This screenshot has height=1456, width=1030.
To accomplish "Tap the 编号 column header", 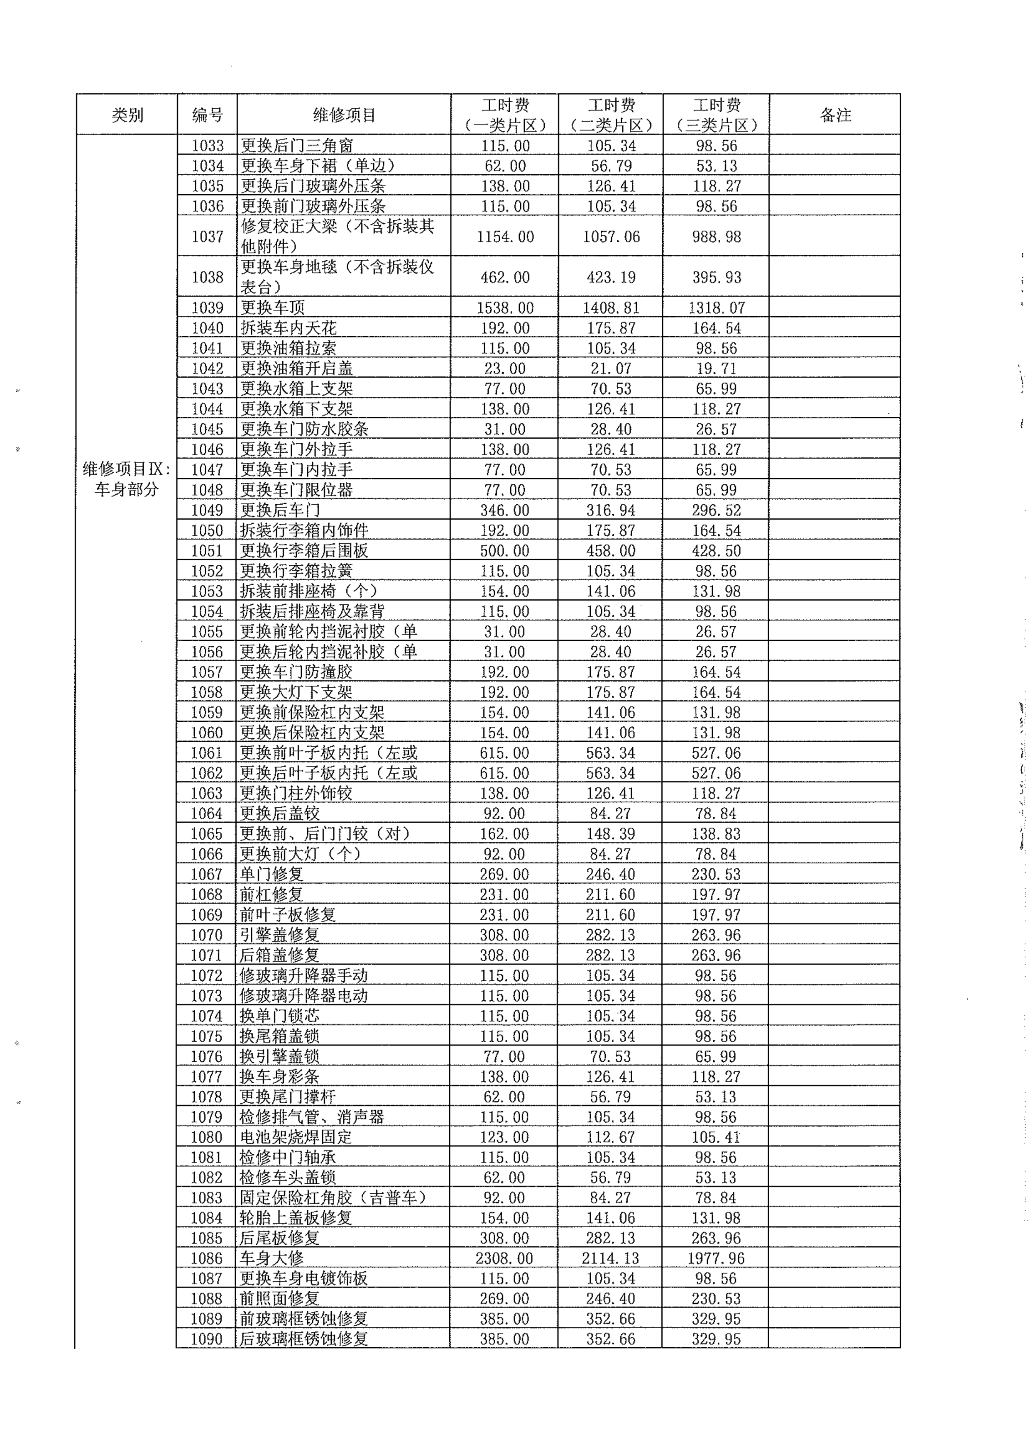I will (x=208, y=115).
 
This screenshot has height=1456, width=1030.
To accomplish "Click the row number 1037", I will (x=208, y=237).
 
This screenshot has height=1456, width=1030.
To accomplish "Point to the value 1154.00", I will (x=505, y=237).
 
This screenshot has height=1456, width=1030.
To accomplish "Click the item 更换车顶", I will (x=273, y=308).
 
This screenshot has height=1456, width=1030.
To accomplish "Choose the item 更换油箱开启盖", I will (x=297, y=369).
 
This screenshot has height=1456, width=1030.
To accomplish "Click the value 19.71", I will (x=716, y=369).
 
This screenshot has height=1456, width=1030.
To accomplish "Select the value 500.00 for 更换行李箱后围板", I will (x=504, y=550).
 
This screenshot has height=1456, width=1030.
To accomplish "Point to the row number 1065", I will (x=208, y=833).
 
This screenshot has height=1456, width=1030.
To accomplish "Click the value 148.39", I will (x=611, y=833).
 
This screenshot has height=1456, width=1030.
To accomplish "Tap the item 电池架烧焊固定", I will (x=296, y=1137).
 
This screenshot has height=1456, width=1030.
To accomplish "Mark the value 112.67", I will (x=611, y=1137).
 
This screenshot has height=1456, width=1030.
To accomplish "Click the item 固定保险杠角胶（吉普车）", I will (x=333, y=1198).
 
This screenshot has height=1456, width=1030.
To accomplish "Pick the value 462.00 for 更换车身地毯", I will (x=505, y=277).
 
